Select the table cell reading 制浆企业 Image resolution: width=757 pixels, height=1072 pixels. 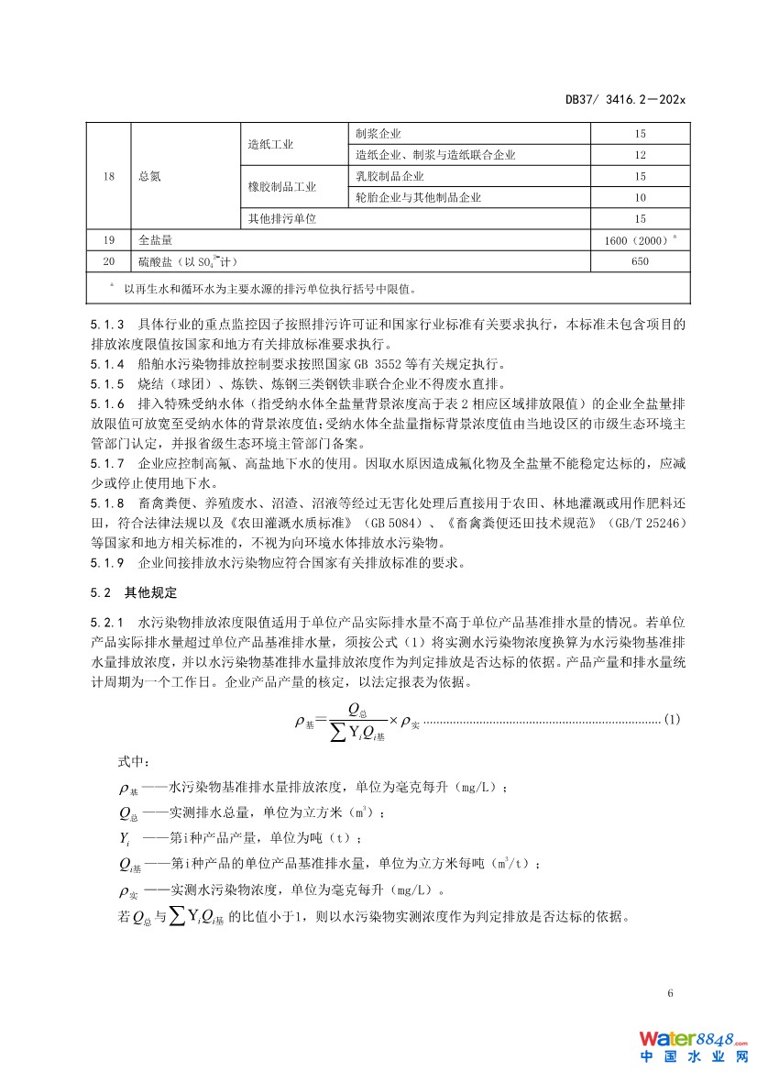tap(378, 134)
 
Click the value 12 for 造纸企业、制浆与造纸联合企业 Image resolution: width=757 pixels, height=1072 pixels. tap(640, 155)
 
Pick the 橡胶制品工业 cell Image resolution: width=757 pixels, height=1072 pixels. tap(281, 187)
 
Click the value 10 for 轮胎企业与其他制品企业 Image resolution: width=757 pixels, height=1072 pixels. tap(640, 197)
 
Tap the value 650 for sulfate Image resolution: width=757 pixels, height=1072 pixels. tap(640, 262)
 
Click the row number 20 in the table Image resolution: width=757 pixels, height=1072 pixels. tap(109, 262)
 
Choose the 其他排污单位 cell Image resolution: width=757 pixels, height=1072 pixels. tap(281, 219)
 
